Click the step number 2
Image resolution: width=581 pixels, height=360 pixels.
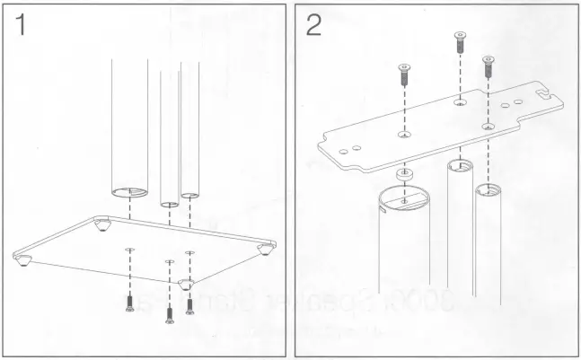tap(313, 25)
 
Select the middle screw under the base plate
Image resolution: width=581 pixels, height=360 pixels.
tap(169, 313)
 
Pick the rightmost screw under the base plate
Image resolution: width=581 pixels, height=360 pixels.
tap(189, 305)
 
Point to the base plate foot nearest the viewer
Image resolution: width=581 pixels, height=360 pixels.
tap(186, 284)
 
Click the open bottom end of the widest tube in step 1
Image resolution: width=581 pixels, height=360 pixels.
tap(130, 191)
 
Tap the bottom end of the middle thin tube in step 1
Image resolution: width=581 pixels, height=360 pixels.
tap(169, 204)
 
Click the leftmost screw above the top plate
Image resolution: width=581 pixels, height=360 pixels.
tap(403, 75)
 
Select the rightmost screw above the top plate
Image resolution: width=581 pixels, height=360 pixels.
tap(488, 66)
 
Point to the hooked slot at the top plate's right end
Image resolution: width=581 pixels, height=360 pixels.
tap(542, 92)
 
